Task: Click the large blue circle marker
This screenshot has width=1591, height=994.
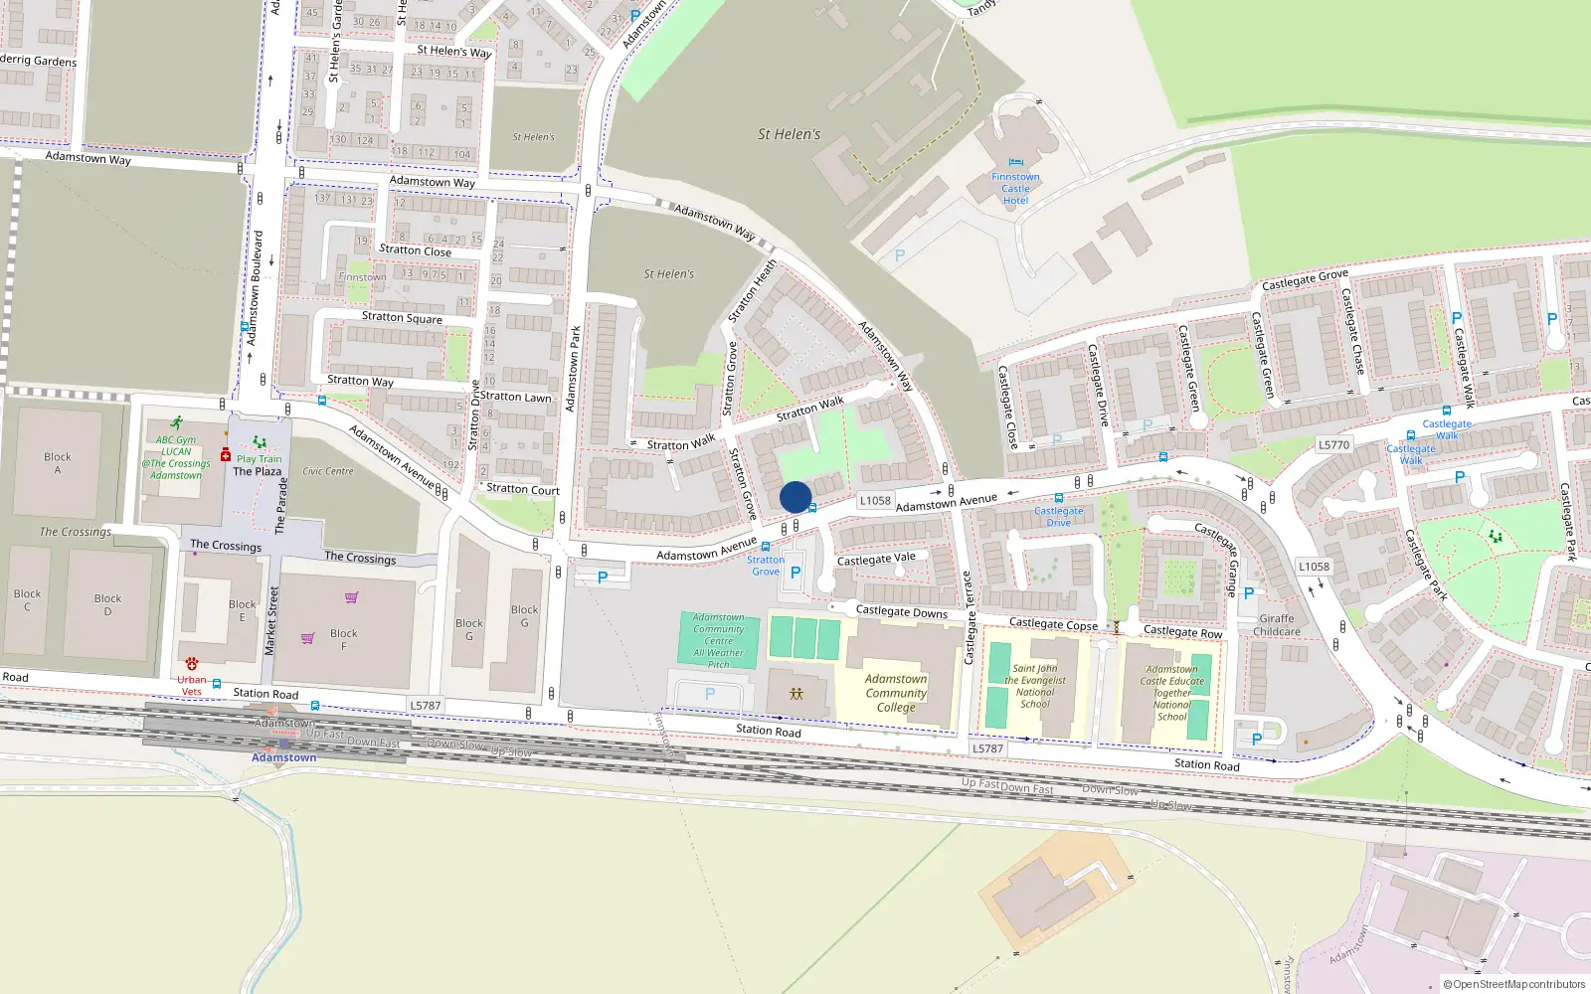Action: click(795, 497)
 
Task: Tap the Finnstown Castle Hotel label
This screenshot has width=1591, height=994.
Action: click(1015, 189)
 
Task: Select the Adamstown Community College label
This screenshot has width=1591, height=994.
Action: click(896, 693)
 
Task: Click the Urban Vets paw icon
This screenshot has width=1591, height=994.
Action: click(192, 663)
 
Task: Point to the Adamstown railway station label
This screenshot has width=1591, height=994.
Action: click(283, 757)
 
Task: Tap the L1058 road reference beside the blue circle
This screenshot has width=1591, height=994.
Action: click(875, 501)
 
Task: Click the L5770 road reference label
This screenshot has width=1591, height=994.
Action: click(1333, 445)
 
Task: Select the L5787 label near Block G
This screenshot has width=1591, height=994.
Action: click(425, 706)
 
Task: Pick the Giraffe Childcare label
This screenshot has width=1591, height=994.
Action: click(1277, 624)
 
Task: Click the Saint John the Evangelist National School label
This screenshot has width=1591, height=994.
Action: click(1035, 686)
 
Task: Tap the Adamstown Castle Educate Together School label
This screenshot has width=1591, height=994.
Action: click(1171, 693)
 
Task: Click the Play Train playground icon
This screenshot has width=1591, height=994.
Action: click(260, 442)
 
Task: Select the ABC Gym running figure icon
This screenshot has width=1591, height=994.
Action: click(176, 423)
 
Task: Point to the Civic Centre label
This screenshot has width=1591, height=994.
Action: click(328, 471)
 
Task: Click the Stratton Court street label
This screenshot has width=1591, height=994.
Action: click(523, 489)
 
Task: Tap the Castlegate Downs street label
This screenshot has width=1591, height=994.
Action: click(902, 612)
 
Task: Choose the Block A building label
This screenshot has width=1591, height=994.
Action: click(58, 463)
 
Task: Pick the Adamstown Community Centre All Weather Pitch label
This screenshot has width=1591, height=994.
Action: click(719, 641)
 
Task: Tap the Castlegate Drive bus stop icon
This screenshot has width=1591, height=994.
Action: click(1059, 498)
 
